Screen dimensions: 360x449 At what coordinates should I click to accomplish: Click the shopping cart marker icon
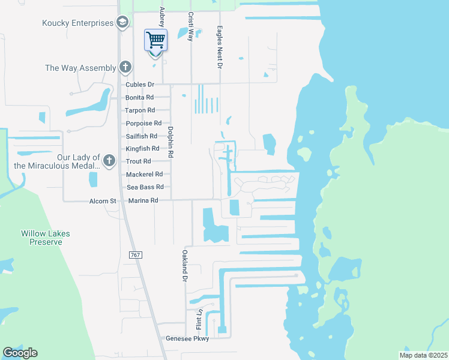click(x=155, y=41)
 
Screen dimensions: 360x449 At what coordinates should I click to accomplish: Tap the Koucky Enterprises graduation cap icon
click(x=122, y=23)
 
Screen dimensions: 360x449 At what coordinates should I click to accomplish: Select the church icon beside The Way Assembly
click(x=125, y=67)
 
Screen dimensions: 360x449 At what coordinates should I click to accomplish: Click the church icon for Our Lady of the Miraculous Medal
click(x=109, y=160)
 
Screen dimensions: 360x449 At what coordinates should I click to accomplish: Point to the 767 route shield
click(x=136, y=256)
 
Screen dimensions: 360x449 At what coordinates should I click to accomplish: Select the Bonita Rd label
click(x=139, y=97)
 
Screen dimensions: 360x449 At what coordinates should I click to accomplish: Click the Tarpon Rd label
click(x=140, y=110)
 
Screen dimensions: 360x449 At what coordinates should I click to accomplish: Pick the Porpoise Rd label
click(x=143, y=124)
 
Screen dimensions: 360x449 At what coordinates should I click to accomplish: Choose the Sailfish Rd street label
click(x=141, y=136)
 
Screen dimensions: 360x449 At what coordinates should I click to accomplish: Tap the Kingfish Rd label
click(x=142, y=148)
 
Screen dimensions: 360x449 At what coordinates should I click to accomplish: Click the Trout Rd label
click(x=138, y=161)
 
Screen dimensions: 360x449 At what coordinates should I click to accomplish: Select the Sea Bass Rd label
click(x=145, y=187)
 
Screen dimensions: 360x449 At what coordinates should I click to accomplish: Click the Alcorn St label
click(x=103, y=201)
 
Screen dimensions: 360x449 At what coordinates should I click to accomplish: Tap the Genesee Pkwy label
click(x=187, y=339)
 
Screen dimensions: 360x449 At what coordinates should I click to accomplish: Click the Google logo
click(x=20, y=353)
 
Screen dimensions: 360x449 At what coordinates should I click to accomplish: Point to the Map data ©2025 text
click(x=423, y=355)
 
